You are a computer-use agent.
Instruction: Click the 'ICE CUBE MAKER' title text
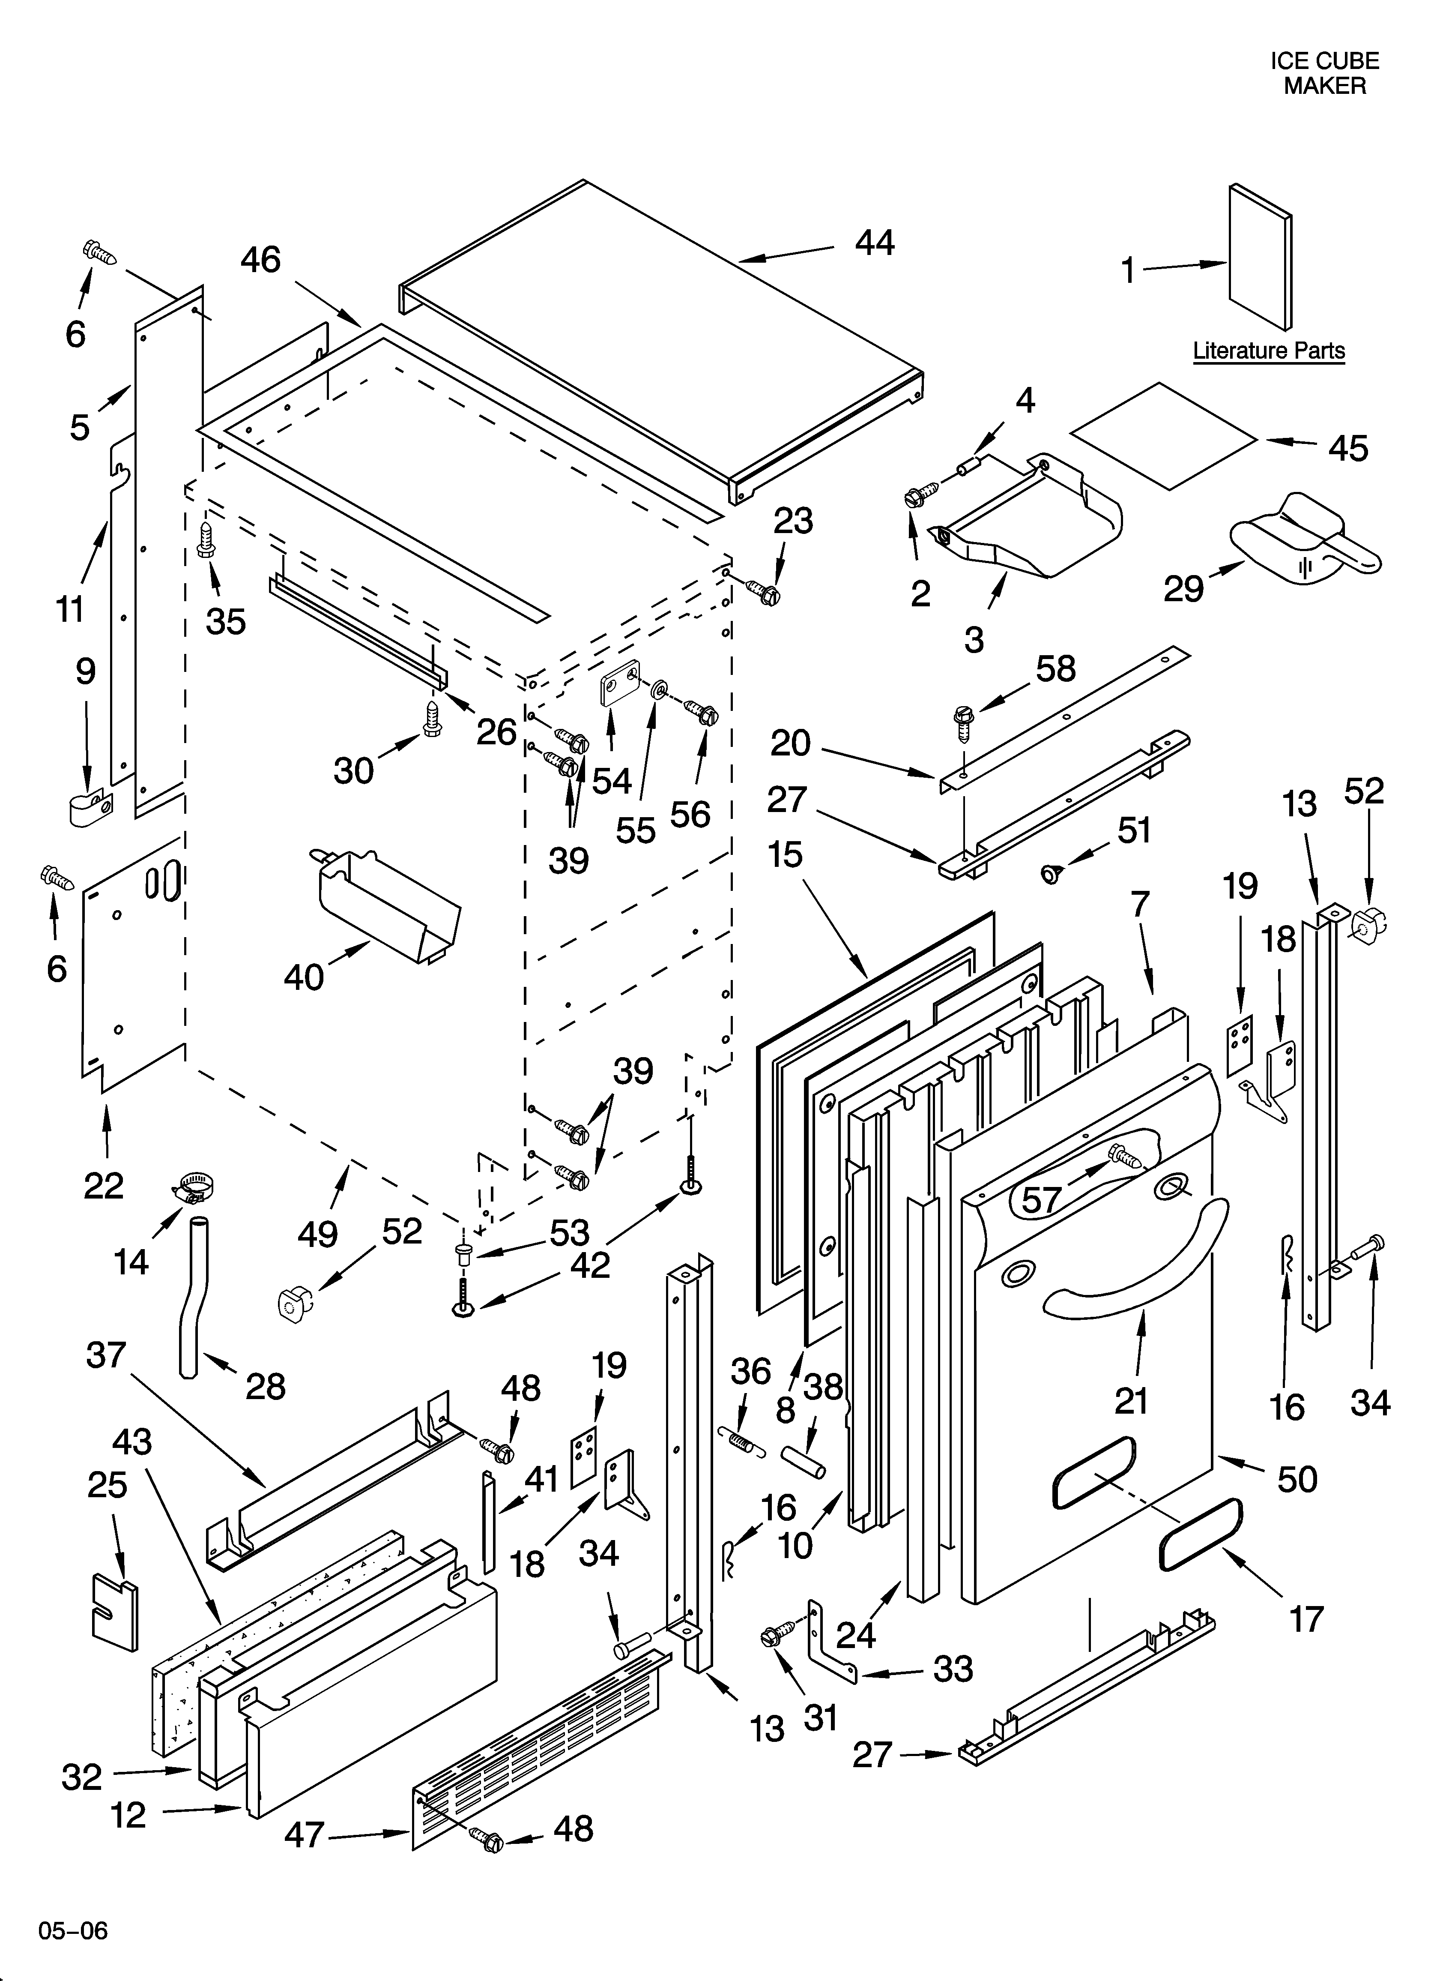pos(1324,73)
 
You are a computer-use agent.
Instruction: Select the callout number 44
pos(874,242)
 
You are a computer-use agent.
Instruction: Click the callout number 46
pos(260,259)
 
